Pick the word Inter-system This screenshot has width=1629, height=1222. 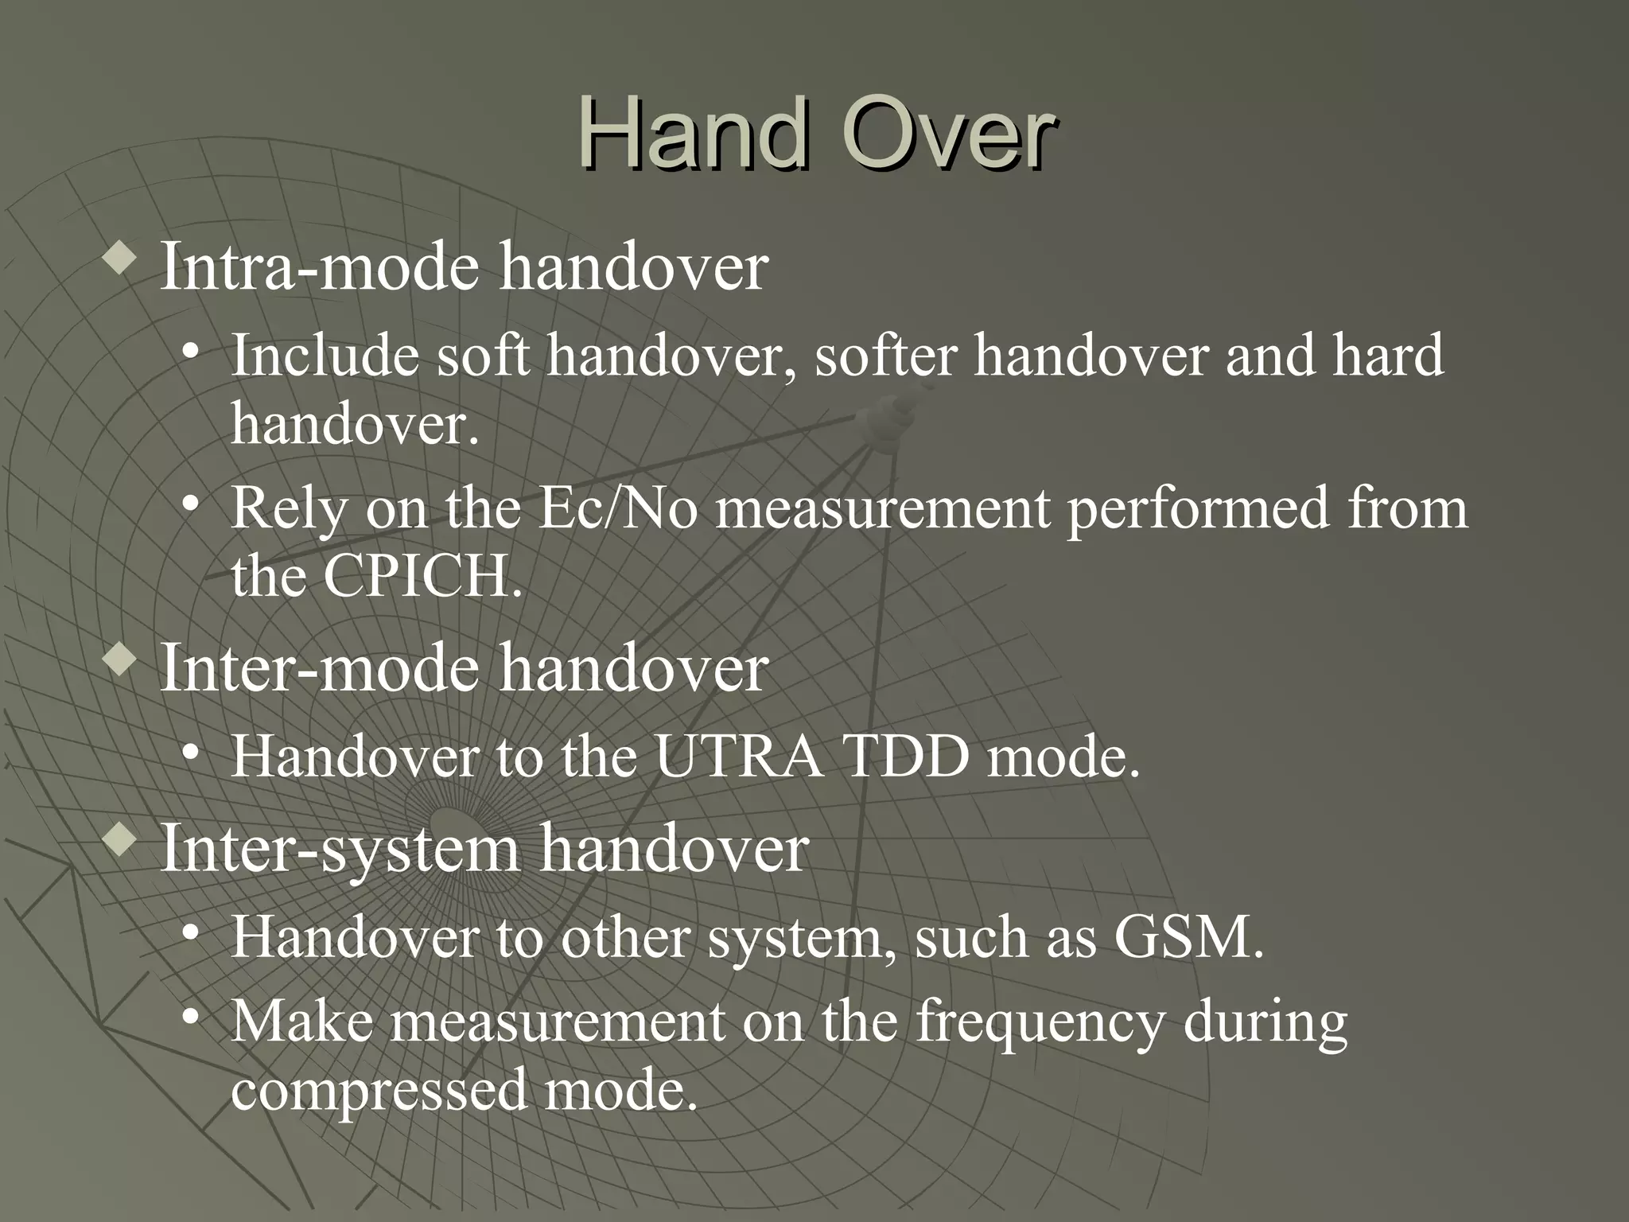(340, 848)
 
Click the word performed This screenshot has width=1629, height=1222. (1197, 508)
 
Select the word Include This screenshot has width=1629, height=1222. (325, 356)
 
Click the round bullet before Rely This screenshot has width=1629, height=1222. (189, 504)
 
